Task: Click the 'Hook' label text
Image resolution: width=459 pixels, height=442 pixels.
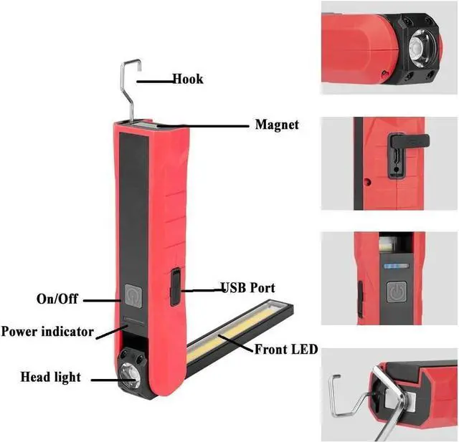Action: point(187,79)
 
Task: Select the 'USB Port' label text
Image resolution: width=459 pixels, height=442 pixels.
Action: point(247,288)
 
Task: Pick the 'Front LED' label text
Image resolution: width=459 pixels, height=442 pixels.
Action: point(286,350)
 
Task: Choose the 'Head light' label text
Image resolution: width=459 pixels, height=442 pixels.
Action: point(50,377)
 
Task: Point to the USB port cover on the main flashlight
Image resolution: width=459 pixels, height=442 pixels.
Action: point(174,287)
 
